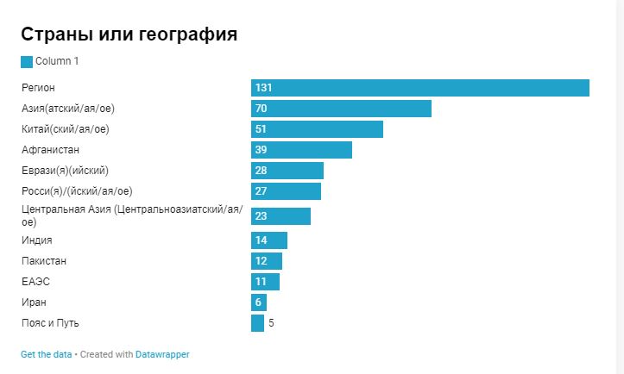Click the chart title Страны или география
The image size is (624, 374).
coord(129,34)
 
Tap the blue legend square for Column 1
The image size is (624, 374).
coord(27,61)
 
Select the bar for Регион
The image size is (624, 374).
coord(419,88)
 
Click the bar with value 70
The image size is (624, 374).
coord(341,109)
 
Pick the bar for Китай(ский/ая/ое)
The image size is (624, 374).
coord(317,129)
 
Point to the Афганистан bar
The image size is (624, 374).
coord(301,150)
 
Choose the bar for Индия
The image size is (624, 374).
coord(269,240)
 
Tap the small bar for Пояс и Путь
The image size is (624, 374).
coord(257,323)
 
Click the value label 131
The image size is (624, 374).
coord(264,88)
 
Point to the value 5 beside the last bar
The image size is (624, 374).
coord(271,323)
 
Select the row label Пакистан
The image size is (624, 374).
coord(44,261)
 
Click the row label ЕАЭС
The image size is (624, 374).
coord(35,282)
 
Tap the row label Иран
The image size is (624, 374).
coord(34,302)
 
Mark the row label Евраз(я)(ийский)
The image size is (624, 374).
coord(65,171)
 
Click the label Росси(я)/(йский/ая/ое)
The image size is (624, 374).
coord(77,191)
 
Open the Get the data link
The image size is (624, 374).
coord(46,354)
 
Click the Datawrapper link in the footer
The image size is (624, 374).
coord(162,354)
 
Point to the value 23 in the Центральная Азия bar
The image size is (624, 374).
coord(261,215)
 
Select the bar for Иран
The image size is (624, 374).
coord(259,302)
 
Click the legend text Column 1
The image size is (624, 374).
coord(57,61)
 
